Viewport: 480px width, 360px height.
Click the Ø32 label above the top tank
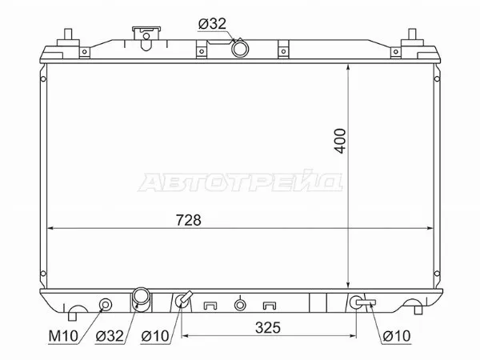click(213, 23)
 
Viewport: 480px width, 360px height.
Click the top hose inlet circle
click(240, 48)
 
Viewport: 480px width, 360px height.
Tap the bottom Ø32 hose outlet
click(142, 298)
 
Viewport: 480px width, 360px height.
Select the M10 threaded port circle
click(104, 304)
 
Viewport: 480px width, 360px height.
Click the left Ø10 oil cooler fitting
click(183, 301)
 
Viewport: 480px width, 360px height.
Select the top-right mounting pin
click(414, 36)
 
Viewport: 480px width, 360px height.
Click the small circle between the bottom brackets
click(239, 304)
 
